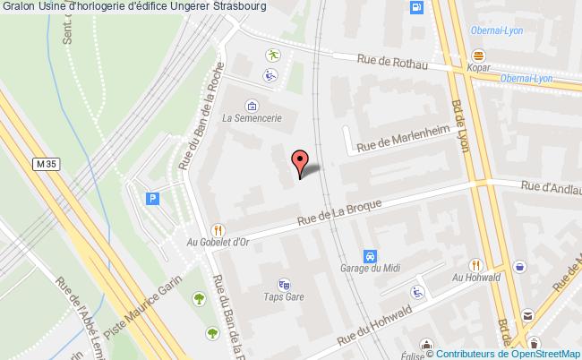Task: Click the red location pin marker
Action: coord(300,162)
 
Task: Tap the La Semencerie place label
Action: coord(252,117)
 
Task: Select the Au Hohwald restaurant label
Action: coord(475,278)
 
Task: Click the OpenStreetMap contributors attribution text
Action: coord(508,352)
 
